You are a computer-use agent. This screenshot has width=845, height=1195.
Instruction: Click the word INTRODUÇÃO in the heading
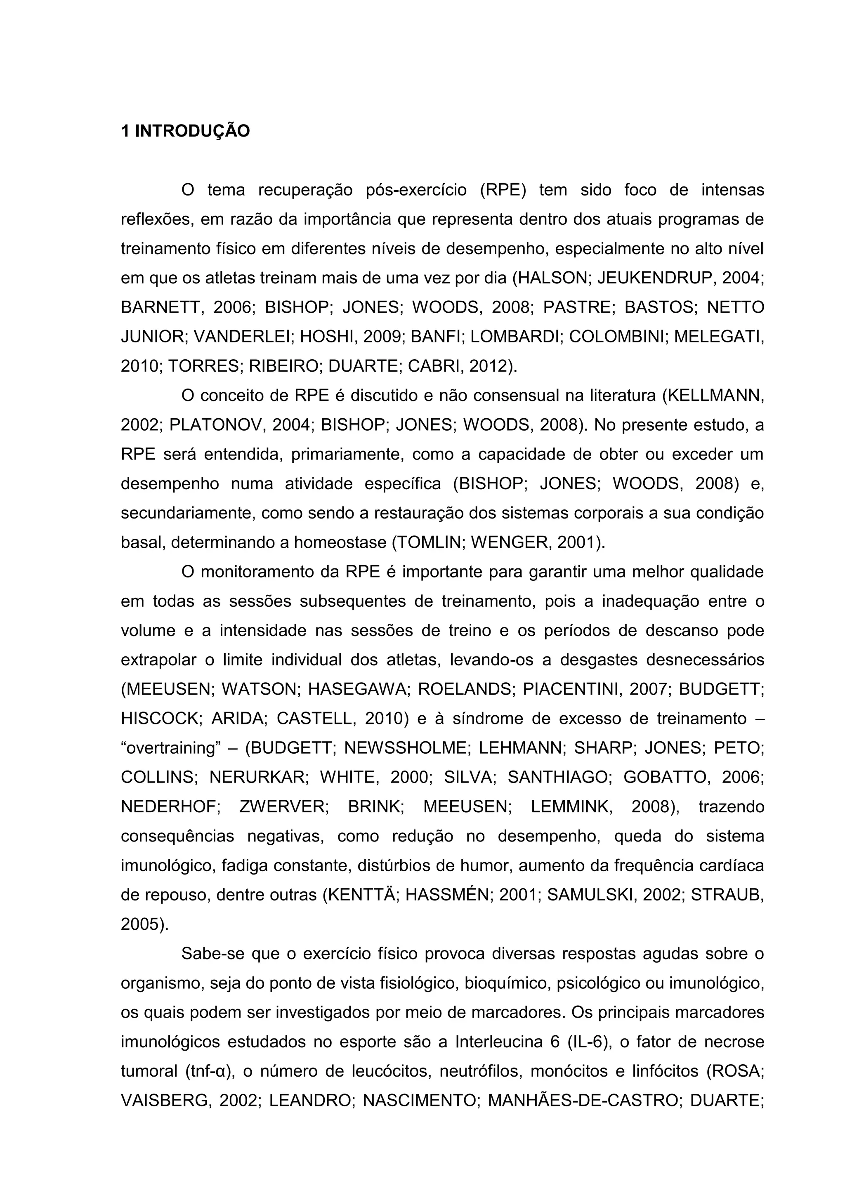[x=193, y=131]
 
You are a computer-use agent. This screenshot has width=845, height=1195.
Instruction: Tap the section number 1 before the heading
[x=125, y=131]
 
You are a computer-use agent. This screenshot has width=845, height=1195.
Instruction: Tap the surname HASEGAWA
[x=359, y=690]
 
